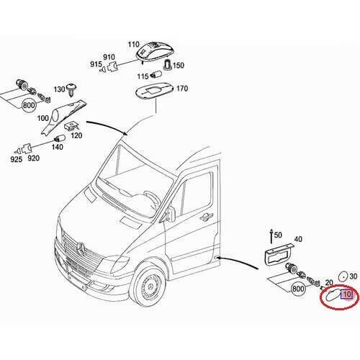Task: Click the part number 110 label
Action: pos(133,45)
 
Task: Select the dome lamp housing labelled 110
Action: pos(154,50)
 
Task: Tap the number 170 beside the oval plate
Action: pos(182,89)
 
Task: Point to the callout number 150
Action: pos(179,66)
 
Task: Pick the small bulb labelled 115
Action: pos(156,75)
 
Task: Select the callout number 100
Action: pos(42,118)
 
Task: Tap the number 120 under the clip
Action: pos(76,135)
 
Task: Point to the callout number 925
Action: pos(16,159)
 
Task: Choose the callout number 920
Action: pos(33,158)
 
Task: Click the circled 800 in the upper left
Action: pos(29,105)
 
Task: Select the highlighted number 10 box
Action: pos(347,294)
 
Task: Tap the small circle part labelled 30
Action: pos(343,276)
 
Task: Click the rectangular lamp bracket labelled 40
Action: pos(279,256)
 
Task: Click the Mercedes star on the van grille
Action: pos(81,248)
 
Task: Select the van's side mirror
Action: pos(170,213)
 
